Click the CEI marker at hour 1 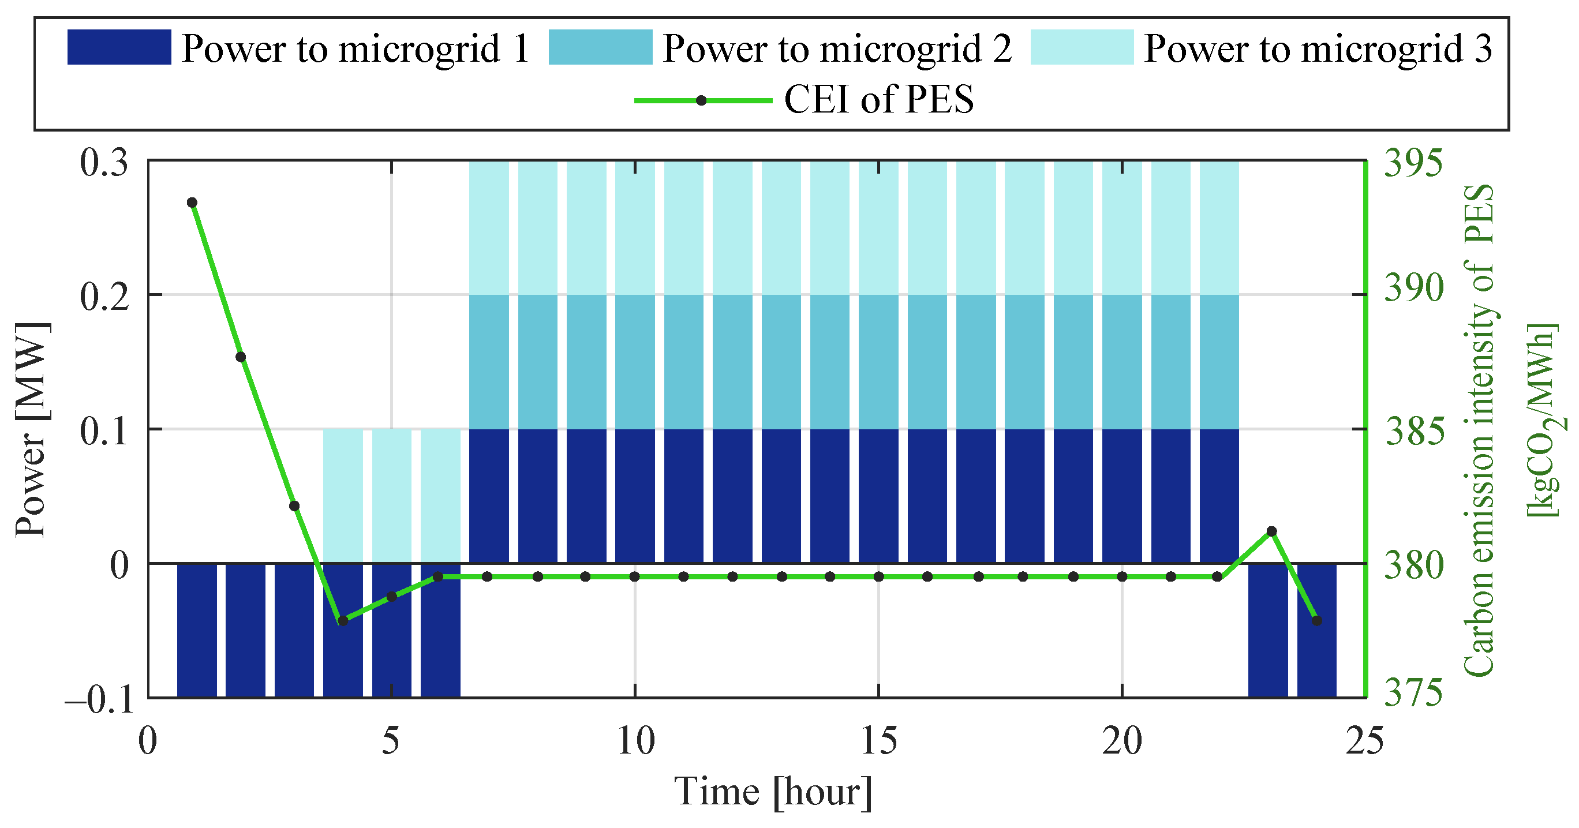192,203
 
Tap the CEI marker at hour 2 241,357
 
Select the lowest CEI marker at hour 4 343,620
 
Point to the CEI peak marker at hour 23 1271,531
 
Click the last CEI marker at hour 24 1316,620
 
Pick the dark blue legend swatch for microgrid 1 119,47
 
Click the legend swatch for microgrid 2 600,47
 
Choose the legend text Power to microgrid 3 1318,48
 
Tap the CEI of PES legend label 878,99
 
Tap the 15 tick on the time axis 879,741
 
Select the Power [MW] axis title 31,429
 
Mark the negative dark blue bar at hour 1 197,630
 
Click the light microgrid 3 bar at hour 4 343,495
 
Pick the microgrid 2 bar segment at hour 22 1219,362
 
